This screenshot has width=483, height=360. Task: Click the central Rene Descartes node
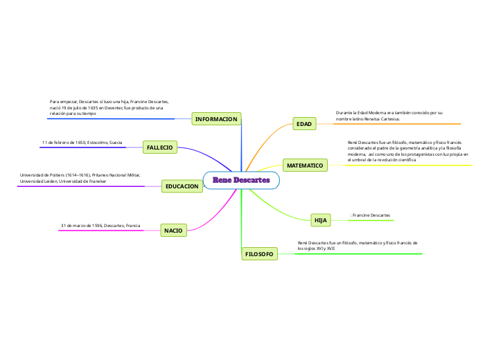[241, 181]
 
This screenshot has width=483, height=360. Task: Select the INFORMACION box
[216, 120]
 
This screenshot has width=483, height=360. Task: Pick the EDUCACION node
[182, 186]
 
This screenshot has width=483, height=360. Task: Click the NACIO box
[173, 229]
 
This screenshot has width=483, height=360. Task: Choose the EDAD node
[304, 124]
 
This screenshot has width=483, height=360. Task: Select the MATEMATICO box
[305, 165]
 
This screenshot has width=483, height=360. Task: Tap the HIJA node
[321, 220]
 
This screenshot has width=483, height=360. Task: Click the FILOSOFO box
[259, 254]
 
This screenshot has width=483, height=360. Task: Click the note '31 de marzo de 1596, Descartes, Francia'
[100, 226]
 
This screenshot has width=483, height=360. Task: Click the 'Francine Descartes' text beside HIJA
[372, 216]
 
